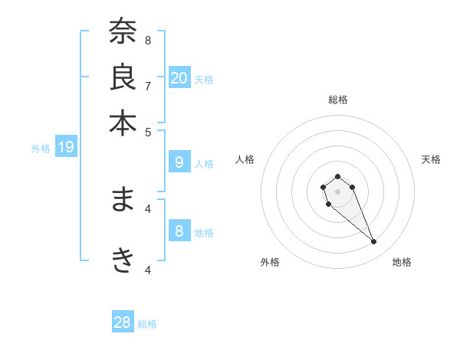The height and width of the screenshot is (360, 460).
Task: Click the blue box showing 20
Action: point(179,77)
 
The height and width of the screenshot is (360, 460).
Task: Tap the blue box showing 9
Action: point(179,162)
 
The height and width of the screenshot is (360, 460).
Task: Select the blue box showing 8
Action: point(179,231)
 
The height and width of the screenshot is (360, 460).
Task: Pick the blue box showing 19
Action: point(66,147)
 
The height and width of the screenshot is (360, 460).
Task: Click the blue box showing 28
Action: point(123,322)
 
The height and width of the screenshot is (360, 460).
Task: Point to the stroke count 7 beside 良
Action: point(148,85)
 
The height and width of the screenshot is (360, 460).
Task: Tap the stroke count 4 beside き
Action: point(148,270)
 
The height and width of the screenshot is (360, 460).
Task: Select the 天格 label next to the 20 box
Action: point(204,80)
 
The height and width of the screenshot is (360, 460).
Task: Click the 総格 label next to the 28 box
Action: point(147,325)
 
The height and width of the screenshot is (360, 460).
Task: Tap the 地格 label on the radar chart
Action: point(402,262)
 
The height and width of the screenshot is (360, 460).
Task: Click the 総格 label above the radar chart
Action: point(337,100)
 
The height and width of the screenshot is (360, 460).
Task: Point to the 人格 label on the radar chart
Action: point(245,159)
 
